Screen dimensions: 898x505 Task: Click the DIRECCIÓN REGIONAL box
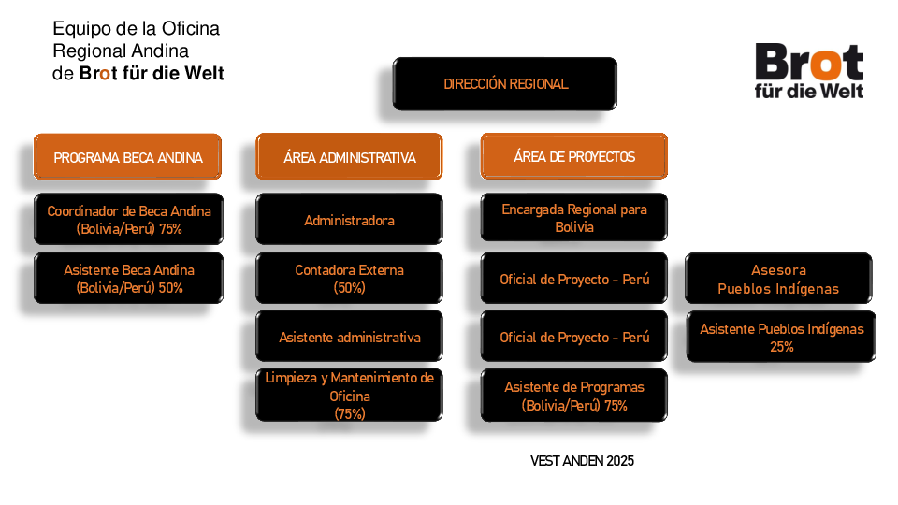click(x=504, y=83)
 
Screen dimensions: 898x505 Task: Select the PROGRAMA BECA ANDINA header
click(x=128, y=157)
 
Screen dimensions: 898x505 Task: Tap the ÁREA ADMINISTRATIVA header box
click(x=349, y=157)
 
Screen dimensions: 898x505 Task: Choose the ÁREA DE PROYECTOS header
click(x=573, y=156)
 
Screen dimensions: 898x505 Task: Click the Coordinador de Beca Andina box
click(x=128, y=219)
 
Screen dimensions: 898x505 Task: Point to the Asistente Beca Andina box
click(x=128, y=279)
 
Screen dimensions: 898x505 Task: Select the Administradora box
click(x=349, y=220)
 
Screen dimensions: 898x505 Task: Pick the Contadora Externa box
click(x=349, y=279)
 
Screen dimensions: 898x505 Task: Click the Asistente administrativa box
click(x=349, y=337)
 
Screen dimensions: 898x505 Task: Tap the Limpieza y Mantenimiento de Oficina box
click(x=349, y=395)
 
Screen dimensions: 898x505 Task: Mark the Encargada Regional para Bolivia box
click(x=573, y=218)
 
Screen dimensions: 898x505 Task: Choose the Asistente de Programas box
click(x=573, y=396)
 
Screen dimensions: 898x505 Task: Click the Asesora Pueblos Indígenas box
click(x=778, y=279)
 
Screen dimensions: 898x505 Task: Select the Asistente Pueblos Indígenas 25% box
click(x=781, y=338)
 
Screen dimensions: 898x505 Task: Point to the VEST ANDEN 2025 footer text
click(x=582, y=461)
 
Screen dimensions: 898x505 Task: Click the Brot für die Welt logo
click(x=808, y=71)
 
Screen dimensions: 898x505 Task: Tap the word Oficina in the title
click(x=190, y=29)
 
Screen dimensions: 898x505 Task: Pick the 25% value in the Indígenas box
click(x=782, y=346)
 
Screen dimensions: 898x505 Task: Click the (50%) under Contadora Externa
click(x=349, y=287)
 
